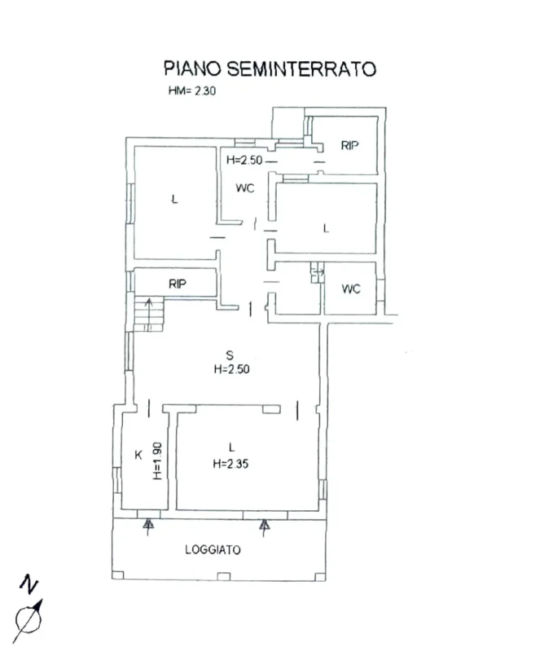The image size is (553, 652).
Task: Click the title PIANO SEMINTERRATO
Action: point(270,68)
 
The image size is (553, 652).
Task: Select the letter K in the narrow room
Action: point(138,456)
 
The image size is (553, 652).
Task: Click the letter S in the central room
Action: point(230,354)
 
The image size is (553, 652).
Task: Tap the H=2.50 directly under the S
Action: point(230,368)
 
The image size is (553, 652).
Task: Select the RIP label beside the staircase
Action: point(177,284)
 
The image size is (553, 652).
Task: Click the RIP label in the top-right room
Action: point(349,146)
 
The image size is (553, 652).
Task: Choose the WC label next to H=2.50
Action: point(245,188)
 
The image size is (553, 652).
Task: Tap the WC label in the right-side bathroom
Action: point(351,289)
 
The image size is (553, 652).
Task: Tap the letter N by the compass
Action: point(30,584)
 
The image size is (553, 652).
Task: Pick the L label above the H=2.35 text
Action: point(231,447)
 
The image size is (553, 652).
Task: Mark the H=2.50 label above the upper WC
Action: point(243,161)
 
